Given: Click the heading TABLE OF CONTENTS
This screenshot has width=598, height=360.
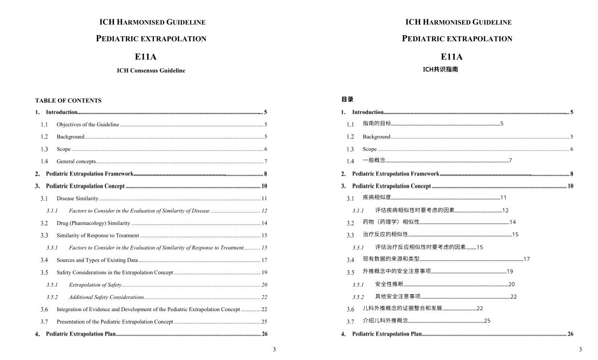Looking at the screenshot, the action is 68,101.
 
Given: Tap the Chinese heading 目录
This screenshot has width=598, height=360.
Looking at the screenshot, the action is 347,99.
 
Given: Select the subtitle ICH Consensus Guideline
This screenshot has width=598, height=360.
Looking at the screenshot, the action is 151,71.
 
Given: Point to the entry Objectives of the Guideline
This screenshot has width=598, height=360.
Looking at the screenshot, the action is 88,124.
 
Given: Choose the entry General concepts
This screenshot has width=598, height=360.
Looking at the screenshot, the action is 76,161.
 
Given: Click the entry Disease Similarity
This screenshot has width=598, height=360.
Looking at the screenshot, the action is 77,198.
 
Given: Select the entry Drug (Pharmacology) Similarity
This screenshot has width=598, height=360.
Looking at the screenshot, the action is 93,223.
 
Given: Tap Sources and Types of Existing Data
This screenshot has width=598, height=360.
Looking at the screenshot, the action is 97,260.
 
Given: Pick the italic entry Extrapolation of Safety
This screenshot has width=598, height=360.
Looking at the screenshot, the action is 95,285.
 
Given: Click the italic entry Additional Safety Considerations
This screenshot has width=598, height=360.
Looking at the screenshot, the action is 106,297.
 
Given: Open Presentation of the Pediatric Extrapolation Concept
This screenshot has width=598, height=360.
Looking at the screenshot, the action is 115,322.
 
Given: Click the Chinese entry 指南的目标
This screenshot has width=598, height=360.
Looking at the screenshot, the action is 377,123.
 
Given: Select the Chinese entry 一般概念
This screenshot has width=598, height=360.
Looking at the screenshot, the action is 374,161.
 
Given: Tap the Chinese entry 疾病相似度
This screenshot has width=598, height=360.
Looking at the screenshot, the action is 377,197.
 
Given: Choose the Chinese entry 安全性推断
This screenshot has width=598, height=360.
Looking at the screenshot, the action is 389,284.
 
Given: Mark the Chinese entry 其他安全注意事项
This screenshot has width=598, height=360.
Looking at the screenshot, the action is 398,297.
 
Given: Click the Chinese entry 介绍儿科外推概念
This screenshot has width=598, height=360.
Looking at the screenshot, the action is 385,320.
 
